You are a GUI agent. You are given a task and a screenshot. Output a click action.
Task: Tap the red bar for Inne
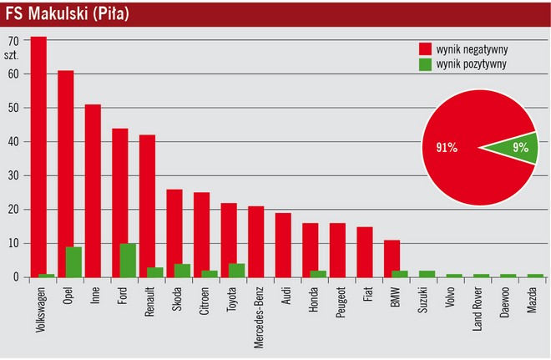click(x=93, y=190)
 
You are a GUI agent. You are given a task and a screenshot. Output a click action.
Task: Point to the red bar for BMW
click(x=392, y=258)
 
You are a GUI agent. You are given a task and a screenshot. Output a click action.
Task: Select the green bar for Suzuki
click(x=427, y=274)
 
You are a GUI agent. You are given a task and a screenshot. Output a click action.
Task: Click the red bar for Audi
click(x=283, y=245)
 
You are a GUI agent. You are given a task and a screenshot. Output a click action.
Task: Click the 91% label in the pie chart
click(x=447, y=148)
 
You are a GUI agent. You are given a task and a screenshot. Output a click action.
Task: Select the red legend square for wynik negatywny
click(x=425, y=48)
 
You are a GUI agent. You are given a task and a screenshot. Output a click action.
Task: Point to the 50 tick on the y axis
click(x=13, y=109)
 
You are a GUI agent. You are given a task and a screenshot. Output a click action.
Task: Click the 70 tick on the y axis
click(x=13, y=40)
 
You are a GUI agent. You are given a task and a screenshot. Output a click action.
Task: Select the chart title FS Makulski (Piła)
click(x=68, y=14)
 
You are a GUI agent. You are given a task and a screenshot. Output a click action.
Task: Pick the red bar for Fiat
click(x=365, y=251)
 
